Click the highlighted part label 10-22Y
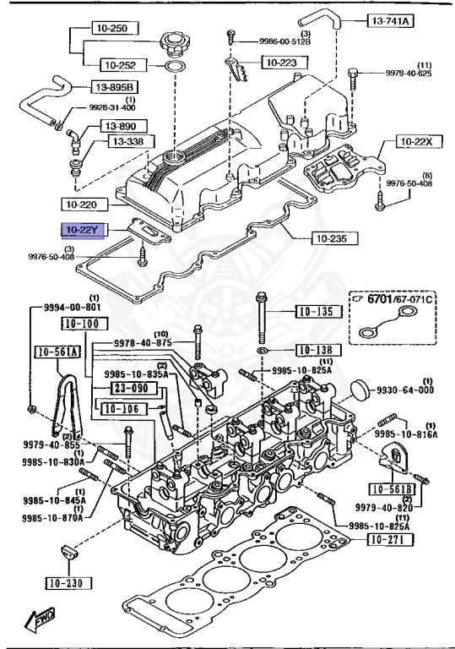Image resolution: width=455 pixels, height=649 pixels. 83,230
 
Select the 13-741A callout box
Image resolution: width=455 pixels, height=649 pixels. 391,20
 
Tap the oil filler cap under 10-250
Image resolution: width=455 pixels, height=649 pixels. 172,46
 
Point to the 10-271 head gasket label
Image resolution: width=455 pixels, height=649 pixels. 391,539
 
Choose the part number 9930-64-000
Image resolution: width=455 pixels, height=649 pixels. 405,390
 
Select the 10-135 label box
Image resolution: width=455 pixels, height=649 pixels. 319,312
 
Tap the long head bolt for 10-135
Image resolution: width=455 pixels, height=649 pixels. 262,318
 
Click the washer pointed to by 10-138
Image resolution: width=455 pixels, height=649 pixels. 262,352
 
